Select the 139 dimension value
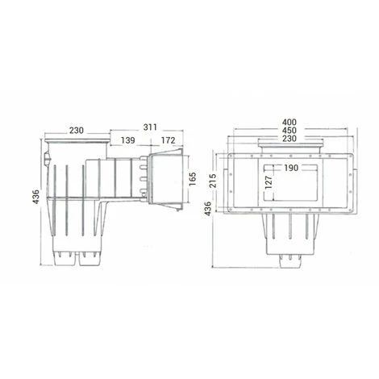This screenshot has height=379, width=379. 127,141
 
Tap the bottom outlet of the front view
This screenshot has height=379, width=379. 289,260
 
